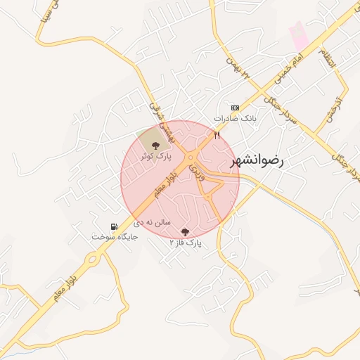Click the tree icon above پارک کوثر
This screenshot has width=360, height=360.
(155, 144)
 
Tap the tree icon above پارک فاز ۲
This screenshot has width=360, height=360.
(186, 231)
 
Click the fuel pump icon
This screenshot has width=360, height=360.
(114, 226)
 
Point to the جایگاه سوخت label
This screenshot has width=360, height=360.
(115, 237)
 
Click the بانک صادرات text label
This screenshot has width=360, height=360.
(233, 118)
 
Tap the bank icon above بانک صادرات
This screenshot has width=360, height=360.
(235, 108)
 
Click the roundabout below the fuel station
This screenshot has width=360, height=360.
(92, 261)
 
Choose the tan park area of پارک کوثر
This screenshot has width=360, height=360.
(148, 141)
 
